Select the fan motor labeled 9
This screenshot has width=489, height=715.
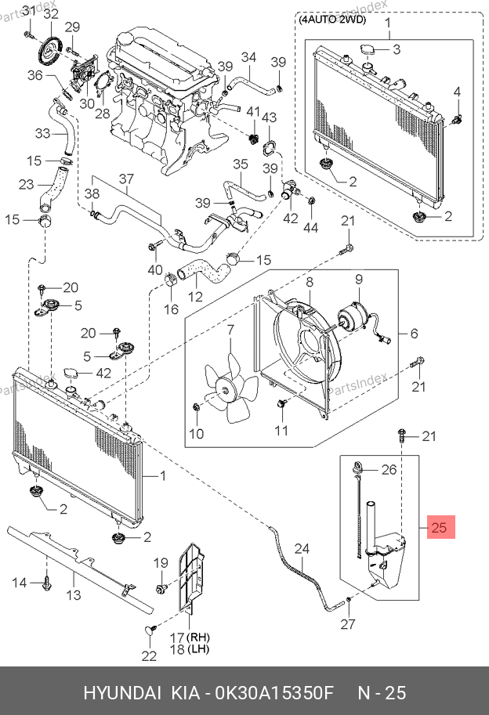pyautogui.click(x=355, y=320)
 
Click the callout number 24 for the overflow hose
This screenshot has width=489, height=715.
pyautogui.click(x=302, y=548)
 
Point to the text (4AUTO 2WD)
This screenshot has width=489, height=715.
pyautogui.click(x=332, y=20)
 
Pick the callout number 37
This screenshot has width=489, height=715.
pyautogui.click(x=126, y=179)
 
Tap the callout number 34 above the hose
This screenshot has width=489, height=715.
pyautogui.click(x=248, y=57)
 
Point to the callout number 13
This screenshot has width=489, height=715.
pyautogui.click(x=73, y=594)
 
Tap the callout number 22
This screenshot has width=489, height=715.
pyautogui.click(x=149, y=655)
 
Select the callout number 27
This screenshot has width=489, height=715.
pyautogui.click(x=348, y=624)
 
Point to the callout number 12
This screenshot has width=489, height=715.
pyautogui.click(x=195, y=297)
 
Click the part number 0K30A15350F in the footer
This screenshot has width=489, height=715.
pyautogui.click(x=274, y=692)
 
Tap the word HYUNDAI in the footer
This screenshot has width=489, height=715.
pyautogui.click(x=121, y=692)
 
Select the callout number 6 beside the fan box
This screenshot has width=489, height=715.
pyautogui.click(x=414, y=334)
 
